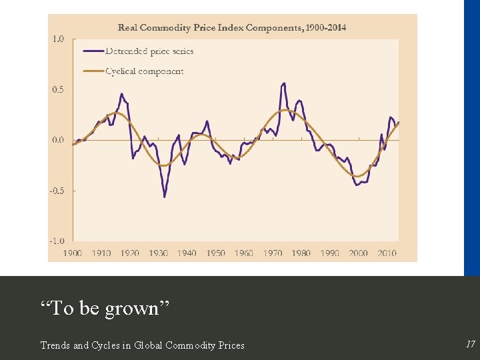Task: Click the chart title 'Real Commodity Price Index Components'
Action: (232, 27)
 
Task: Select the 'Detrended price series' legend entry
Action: (149, 51)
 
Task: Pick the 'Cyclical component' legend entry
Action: (144, 71)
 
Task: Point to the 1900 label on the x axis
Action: (73, 253)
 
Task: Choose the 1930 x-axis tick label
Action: (158, 253)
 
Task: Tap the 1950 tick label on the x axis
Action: (215, 253)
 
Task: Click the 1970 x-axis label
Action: (273, 253)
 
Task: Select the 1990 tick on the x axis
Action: (329, 253)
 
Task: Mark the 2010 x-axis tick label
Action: (387, 253)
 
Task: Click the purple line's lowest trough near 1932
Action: (165, 197)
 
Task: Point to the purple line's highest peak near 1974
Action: (284, 83)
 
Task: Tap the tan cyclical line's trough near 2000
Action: (359, 176)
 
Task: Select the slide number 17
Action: (471, 345)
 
